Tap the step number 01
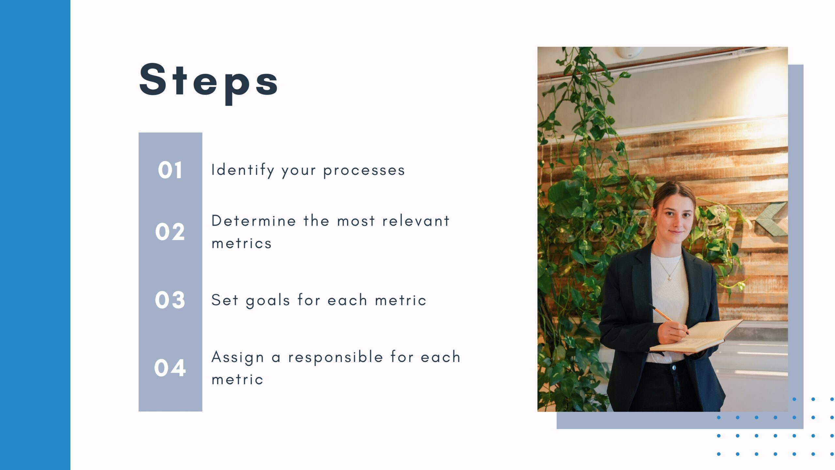point(170,170)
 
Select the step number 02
point(170,232)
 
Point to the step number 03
point(170,300)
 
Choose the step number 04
point(170,368)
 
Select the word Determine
point(254,221)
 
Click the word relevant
point(416,221)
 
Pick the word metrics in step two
point(242,243)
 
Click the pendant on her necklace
point(669,278)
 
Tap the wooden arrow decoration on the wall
point(772,219)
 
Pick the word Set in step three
point(225,300)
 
